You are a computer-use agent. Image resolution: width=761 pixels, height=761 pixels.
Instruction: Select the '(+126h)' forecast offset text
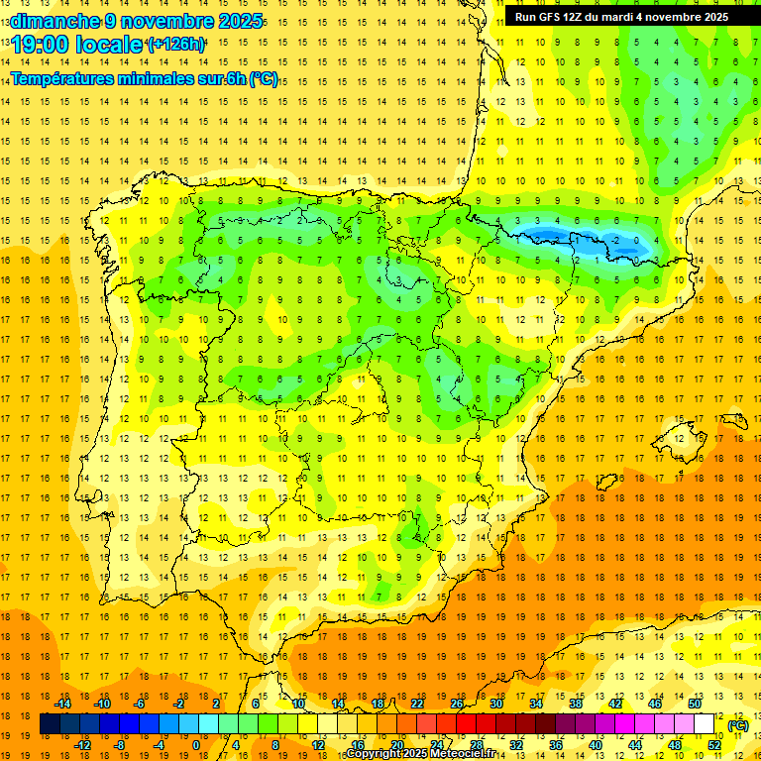[x=175, y=45]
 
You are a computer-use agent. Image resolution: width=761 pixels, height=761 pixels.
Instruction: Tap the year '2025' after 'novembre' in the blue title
[x=239, y=20]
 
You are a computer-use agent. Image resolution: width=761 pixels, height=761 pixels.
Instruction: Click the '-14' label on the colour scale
[x=62, y=704]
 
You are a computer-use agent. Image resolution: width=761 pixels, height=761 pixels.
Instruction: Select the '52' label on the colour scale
[x=713, y=745]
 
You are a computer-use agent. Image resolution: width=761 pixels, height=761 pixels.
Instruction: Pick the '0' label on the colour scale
[x=196, y=745]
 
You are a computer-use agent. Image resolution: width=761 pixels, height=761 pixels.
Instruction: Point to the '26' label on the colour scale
[x=456, y=704]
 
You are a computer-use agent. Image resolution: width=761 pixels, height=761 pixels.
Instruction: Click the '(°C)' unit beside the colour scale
[x=737, y=725]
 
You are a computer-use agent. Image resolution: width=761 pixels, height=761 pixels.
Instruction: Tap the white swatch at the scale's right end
[x=705, y=724]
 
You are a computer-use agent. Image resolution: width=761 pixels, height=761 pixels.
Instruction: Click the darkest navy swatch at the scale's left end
[x=50, y=724]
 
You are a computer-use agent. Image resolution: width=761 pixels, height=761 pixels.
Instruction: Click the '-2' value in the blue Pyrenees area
[x=615, y=240]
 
